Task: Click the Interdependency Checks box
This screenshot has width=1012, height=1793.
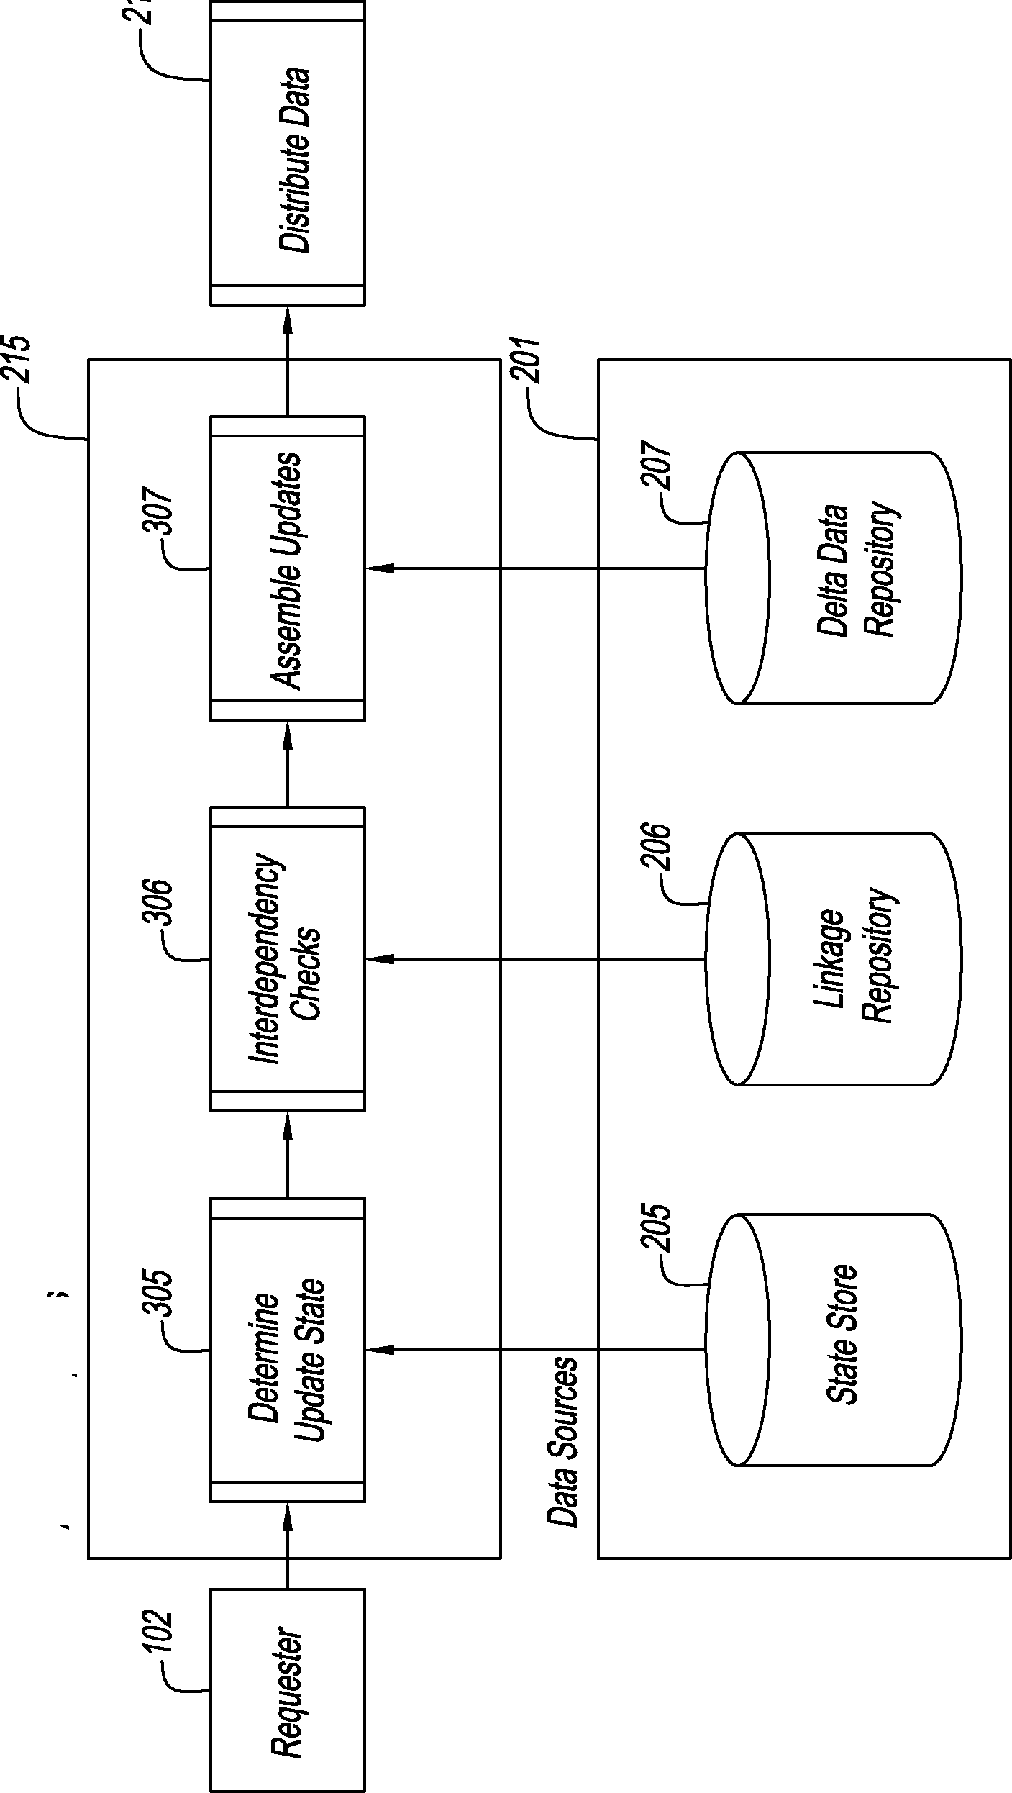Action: coord(287,959)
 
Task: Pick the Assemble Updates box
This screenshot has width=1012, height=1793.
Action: coord(287,568)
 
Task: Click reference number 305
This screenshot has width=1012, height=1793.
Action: coord(158,1293)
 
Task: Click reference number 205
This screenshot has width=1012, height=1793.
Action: coord(656,1230)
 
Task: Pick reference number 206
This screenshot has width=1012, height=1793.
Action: coord(656,848)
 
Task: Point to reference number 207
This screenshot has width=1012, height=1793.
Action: coord(656,468)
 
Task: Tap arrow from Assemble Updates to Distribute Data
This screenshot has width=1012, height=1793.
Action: coord(287,360)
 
